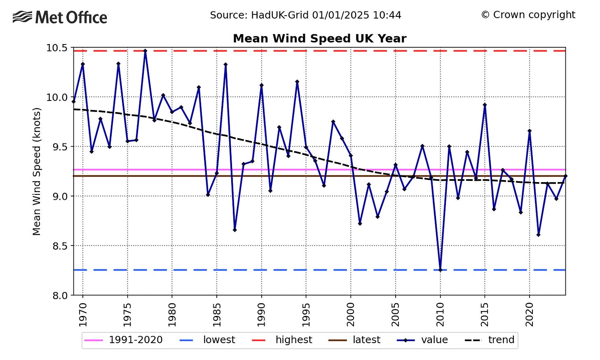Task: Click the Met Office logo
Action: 60,17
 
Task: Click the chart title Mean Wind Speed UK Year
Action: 319,39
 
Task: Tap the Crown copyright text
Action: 528,15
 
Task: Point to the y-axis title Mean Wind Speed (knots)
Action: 37,171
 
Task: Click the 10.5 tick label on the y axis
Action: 56,48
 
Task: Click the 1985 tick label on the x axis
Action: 217,315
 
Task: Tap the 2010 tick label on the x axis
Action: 441,315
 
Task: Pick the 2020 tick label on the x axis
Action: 530,315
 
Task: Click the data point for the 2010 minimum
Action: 441,270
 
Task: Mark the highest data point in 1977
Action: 145,51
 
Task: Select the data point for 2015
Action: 485,105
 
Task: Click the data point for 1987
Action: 234,230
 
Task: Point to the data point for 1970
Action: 83,64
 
